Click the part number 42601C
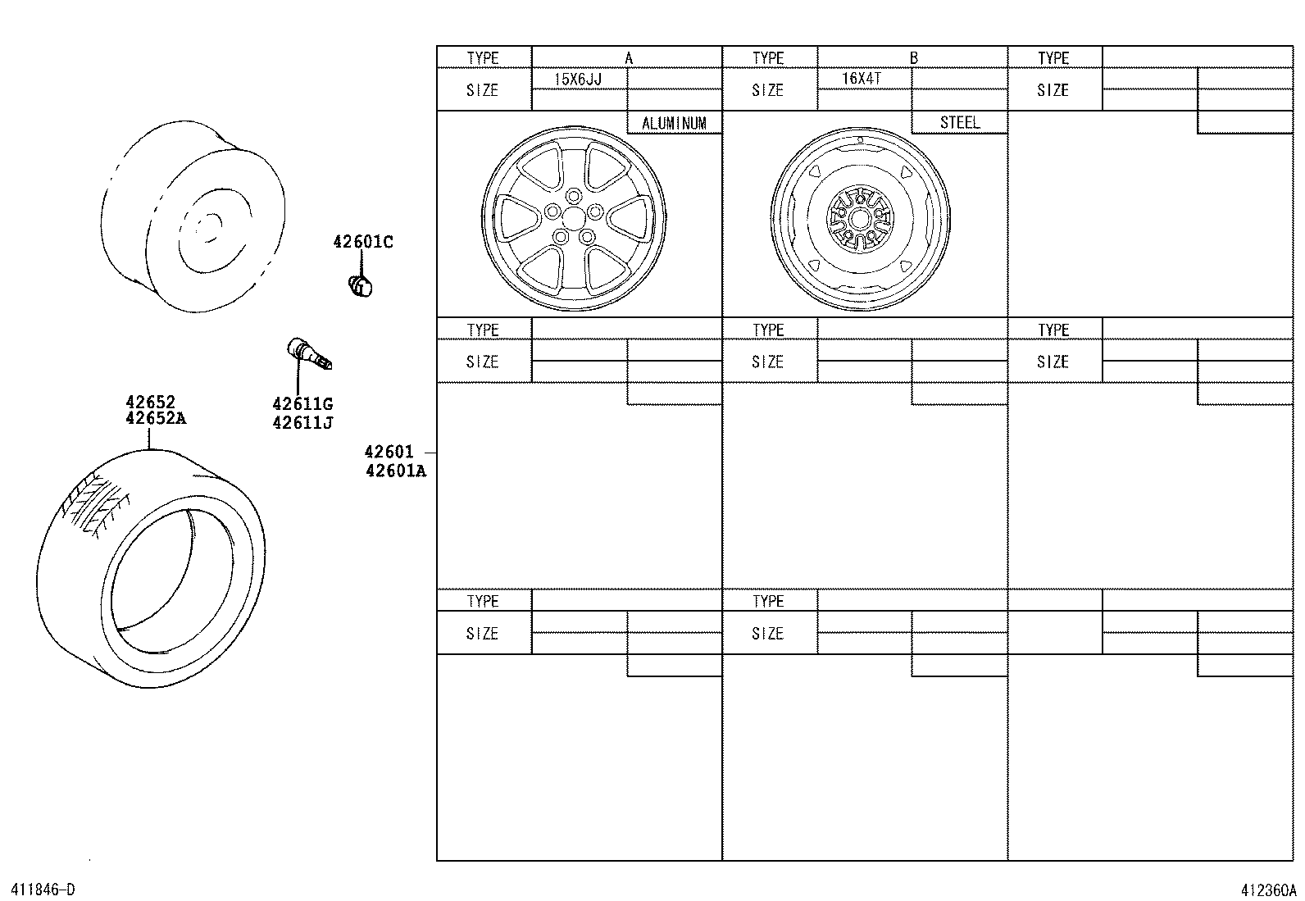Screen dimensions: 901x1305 [x=362, y=242]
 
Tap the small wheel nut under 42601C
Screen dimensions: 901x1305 [x=360, y=285]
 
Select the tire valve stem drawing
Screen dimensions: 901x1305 [x=307, y=353]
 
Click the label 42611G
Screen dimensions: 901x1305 [x=302, y=403]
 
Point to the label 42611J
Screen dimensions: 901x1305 [x=302, y=423]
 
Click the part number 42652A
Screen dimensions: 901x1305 [x=156, y=418]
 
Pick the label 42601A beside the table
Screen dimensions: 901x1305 [x=396, y=471]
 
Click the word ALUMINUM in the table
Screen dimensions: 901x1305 [x=674, y=124]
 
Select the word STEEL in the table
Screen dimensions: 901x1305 [x=959, y=122]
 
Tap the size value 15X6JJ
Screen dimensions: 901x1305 [x=578, y=80]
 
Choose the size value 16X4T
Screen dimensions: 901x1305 [x=862, y=79]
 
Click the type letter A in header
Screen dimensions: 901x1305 [x=629, y=58]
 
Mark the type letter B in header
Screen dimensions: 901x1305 [x=913, y=58]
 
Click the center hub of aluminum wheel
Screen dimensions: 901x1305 [x=573, y=217]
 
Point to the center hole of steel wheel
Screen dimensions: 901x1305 [x=859, y=218]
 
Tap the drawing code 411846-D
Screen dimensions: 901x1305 [x=42, y=890]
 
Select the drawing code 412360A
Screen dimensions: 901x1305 [x=1267, y=890]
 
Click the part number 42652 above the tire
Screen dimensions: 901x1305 [x=150, y=403]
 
